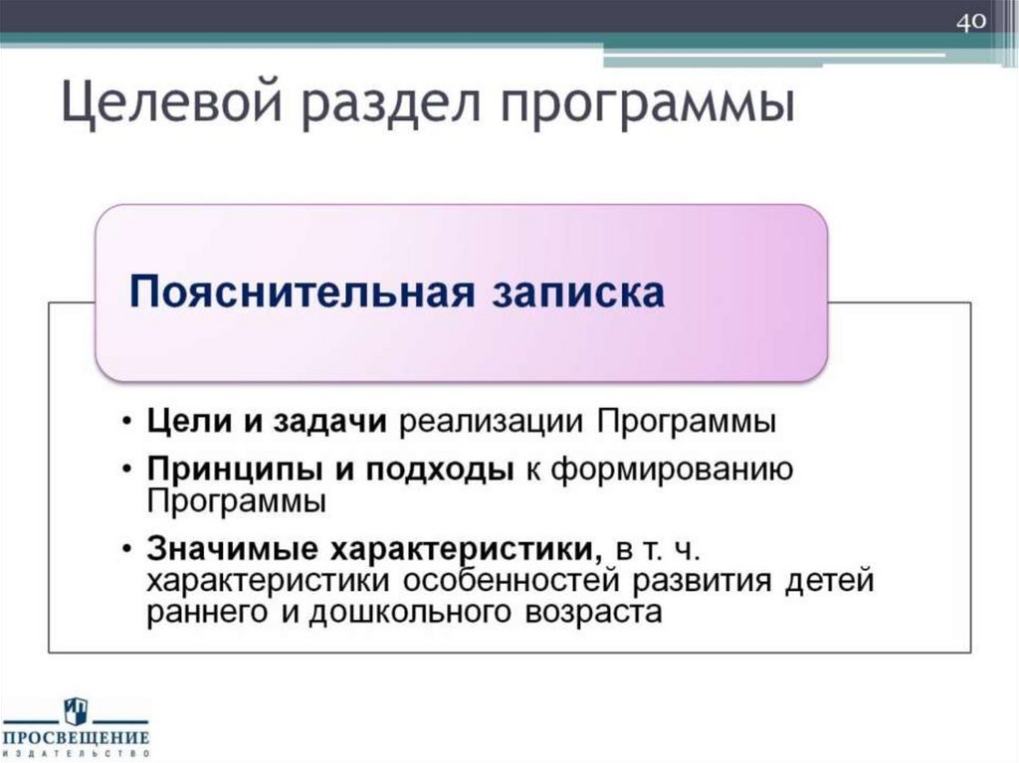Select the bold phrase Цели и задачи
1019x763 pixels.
click(267, 422)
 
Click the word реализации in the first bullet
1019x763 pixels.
click(493, 422)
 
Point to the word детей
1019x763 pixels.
click(825, 581)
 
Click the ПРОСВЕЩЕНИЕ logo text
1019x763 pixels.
click(76, 737)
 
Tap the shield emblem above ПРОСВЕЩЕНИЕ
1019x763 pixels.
click(76, 710)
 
